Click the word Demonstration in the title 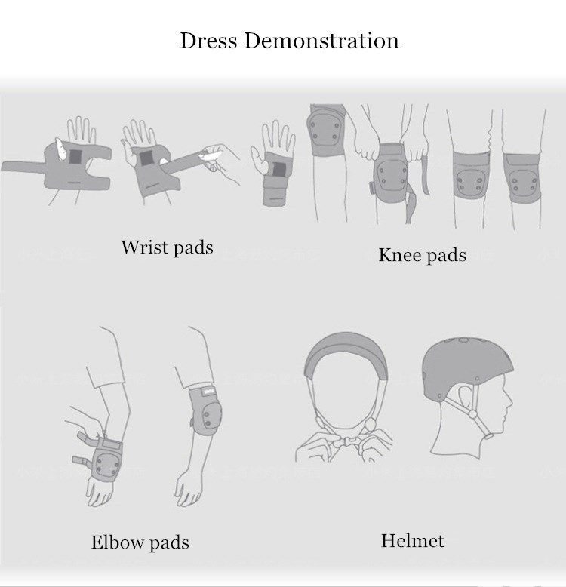pyautogui.click(x=321, y=41)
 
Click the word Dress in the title pyautogui.click(x=208, y=41)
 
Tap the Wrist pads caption pyautogui.click(x=167, y=247)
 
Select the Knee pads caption pyautogui.click(x=423, y=255)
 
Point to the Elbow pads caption pyautogui.click(x=140, y=542)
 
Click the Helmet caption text pyautogui.click(x=413, y=541)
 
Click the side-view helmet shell pyautogui.click(x=468, y=369)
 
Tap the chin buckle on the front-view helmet pyautogui.click(x=345, y=441)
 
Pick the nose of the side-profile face pyautogui.click(x=509, y=401)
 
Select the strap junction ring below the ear pyautogui.click(x=472, y=414)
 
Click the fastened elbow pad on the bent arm pyautogui.click(x=205, y=410)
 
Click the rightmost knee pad pyautogui.click(x=521, y=179)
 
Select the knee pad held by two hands pyautogui.click(x=390, y=174)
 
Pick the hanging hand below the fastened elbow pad pyautogui.click(x=189, y=489)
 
